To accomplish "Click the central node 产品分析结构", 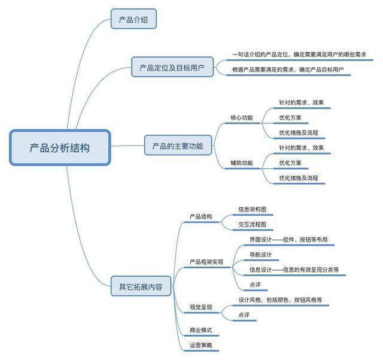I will pos(60,147).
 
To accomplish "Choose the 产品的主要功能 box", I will pos(178,146).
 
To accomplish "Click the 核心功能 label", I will pos(242,117).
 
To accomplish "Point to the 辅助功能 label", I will pos(242,163).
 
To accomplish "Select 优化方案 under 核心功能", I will pos(290,117).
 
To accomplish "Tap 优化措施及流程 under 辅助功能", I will pos(299,178).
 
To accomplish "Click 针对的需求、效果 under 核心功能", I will pos(301,102).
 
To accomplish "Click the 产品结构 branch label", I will pos(201,217).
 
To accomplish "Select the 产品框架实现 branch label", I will pos(206,262).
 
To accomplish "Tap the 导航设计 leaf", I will pos(260,255).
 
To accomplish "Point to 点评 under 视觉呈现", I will pos(244,314).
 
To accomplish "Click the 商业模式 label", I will pos(201,330).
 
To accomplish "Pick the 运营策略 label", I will pos(201,345).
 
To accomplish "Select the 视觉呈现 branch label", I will pos(201,307).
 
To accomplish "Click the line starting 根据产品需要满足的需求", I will pos(288,69).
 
